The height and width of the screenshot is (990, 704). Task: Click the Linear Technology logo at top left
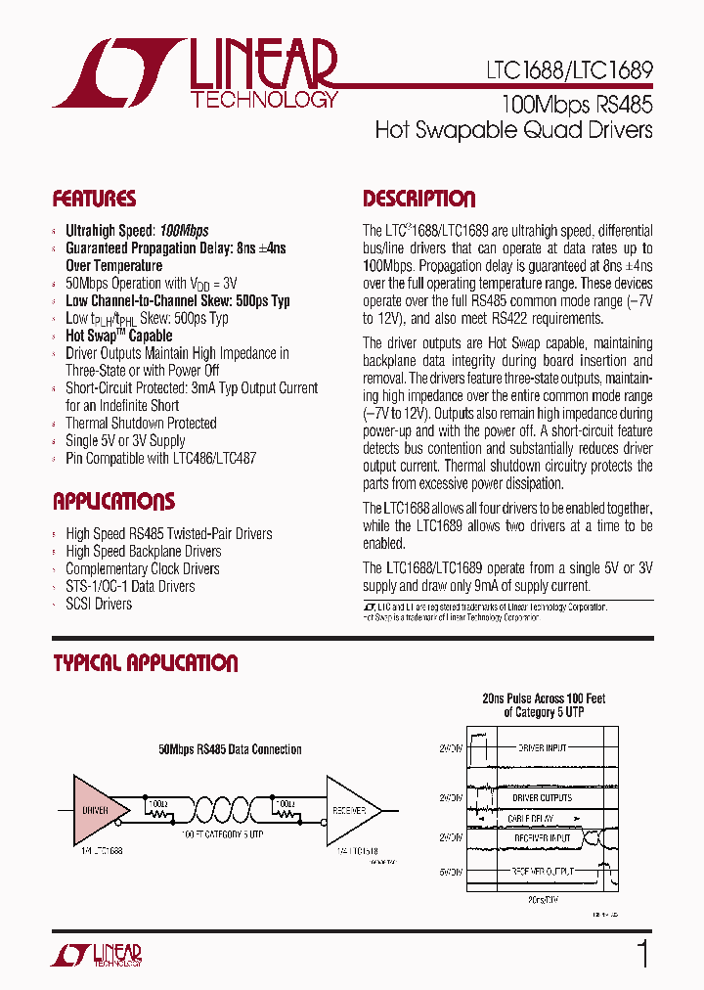click(196, 73)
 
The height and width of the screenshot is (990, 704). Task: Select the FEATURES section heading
click(94, 199)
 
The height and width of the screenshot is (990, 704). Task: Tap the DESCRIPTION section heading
click(418, 199)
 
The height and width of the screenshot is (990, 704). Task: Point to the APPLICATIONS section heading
click(113, 502)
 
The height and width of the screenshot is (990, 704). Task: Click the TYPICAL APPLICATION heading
click(145, 663)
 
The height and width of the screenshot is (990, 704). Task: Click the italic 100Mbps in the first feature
click(184, 231)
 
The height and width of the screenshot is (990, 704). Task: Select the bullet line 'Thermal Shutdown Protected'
click(141, 424)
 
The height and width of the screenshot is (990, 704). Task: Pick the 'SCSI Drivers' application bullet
click(99, 605)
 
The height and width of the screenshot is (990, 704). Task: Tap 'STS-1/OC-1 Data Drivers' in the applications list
click(130, 587)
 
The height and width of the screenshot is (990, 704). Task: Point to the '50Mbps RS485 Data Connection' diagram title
click(230, 749)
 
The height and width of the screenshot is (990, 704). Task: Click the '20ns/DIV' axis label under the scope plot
click(542, 899)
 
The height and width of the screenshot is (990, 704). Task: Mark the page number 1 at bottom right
click(642, 954)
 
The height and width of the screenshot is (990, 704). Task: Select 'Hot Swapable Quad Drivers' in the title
click(513, 130)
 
